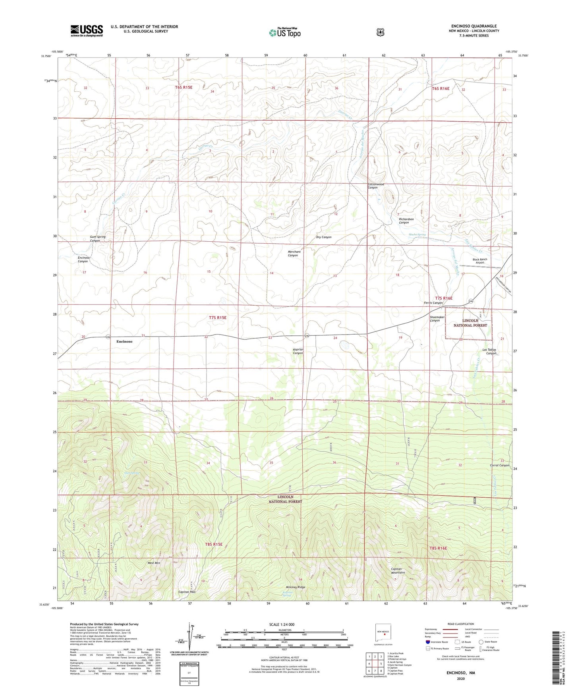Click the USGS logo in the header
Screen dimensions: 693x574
87,31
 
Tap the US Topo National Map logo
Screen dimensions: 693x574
284,33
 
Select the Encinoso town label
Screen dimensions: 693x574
124,341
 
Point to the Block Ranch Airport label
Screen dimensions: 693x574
479,261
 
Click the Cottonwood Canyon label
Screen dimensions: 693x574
375,186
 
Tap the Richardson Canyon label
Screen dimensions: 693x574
406,221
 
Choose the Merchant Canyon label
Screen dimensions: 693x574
294,253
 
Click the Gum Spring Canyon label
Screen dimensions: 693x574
98,239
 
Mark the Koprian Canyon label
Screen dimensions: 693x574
298,351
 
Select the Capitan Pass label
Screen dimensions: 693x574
187,592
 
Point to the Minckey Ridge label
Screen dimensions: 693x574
296,587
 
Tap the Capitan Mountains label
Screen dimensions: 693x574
398,570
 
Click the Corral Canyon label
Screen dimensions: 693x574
499,465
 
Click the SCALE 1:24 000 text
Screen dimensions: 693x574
282,624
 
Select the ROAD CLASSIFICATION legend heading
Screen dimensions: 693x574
461,624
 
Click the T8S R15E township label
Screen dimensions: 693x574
214,544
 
